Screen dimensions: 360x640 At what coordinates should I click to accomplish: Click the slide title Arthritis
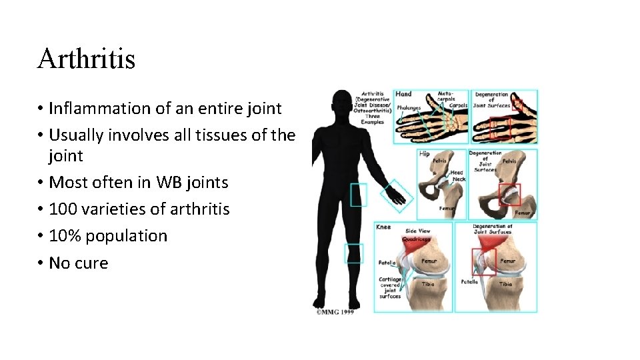pyautogui.click(x=86, y=59)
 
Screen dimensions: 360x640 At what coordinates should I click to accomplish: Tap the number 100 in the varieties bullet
pyautogui.click(x=63, y=209)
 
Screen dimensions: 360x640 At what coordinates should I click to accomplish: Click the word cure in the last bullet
pyautogui.click(x=93, y=263)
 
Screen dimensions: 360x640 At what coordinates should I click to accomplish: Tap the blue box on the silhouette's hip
pyautogui.click(x=358, y=194)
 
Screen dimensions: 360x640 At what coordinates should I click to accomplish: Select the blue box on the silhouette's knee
pyautogui.click(x=354, y=253)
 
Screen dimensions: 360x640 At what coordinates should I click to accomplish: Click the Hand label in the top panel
pyautogui.click(x=404, y=95)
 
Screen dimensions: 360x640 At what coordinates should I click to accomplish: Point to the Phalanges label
pyautogui.click(x=409, y=107)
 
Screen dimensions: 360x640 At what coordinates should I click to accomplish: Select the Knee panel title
pyautogui.click(x=384, y=227)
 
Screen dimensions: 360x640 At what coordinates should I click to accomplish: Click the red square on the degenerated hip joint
pyautogui.click(x=509, y=194)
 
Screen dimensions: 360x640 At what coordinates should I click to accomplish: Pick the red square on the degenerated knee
pyautogui.click(x=483, y=261)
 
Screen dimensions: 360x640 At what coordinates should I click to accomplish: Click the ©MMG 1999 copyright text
pyautogui.click(x=335, y=311)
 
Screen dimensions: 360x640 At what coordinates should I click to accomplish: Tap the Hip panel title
pyautogui.click(x=425, y=153)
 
